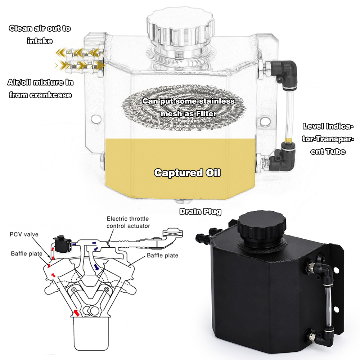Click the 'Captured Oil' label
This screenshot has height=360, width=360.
click(187, 173)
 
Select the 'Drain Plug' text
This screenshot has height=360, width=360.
click(201, 212)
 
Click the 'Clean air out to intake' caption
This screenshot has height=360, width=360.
click(40, 35)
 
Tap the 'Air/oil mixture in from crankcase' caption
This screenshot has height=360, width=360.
click(40, 89)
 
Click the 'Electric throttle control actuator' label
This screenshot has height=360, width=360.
click(128, 222)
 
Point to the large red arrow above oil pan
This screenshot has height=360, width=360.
click(75, 311)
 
